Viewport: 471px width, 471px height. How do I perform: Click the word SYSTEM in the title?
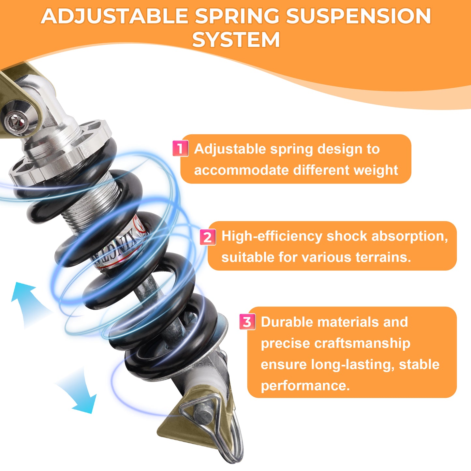click(236, 39)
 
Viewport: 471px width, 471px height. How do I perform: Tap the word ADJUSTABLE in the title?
click(114, 16)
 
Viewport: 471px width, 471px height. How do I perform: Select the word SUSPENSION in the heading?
click(358, 16)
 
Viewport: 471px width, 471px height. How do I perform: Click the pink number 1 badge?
click(180, 148)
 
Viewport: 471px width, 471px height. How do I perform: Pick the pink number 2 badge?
click(208, 237)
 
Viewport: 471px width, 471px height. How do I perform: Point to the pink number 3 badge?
click(247, 322)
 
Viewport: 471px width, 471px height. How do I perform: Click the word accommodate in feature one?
click(241, 170)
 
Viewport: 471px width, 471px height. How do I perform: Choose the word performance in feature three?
click(305, 386)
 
